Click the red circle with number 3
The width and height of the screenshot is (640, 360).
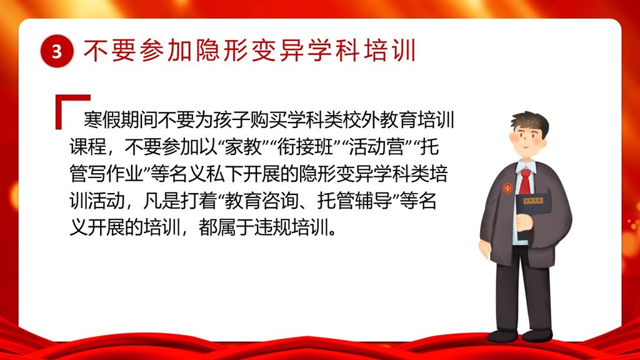click(57, 51)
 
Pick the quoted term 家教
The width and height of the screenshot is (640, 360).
click(244, 147)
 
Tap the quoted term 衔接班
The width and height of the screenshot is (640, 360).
click(305, 147)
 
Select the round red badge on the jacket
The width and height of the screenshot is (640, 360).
click(507, 188)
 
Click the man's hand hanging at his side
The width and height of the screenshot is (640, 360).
click(485, 249)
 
